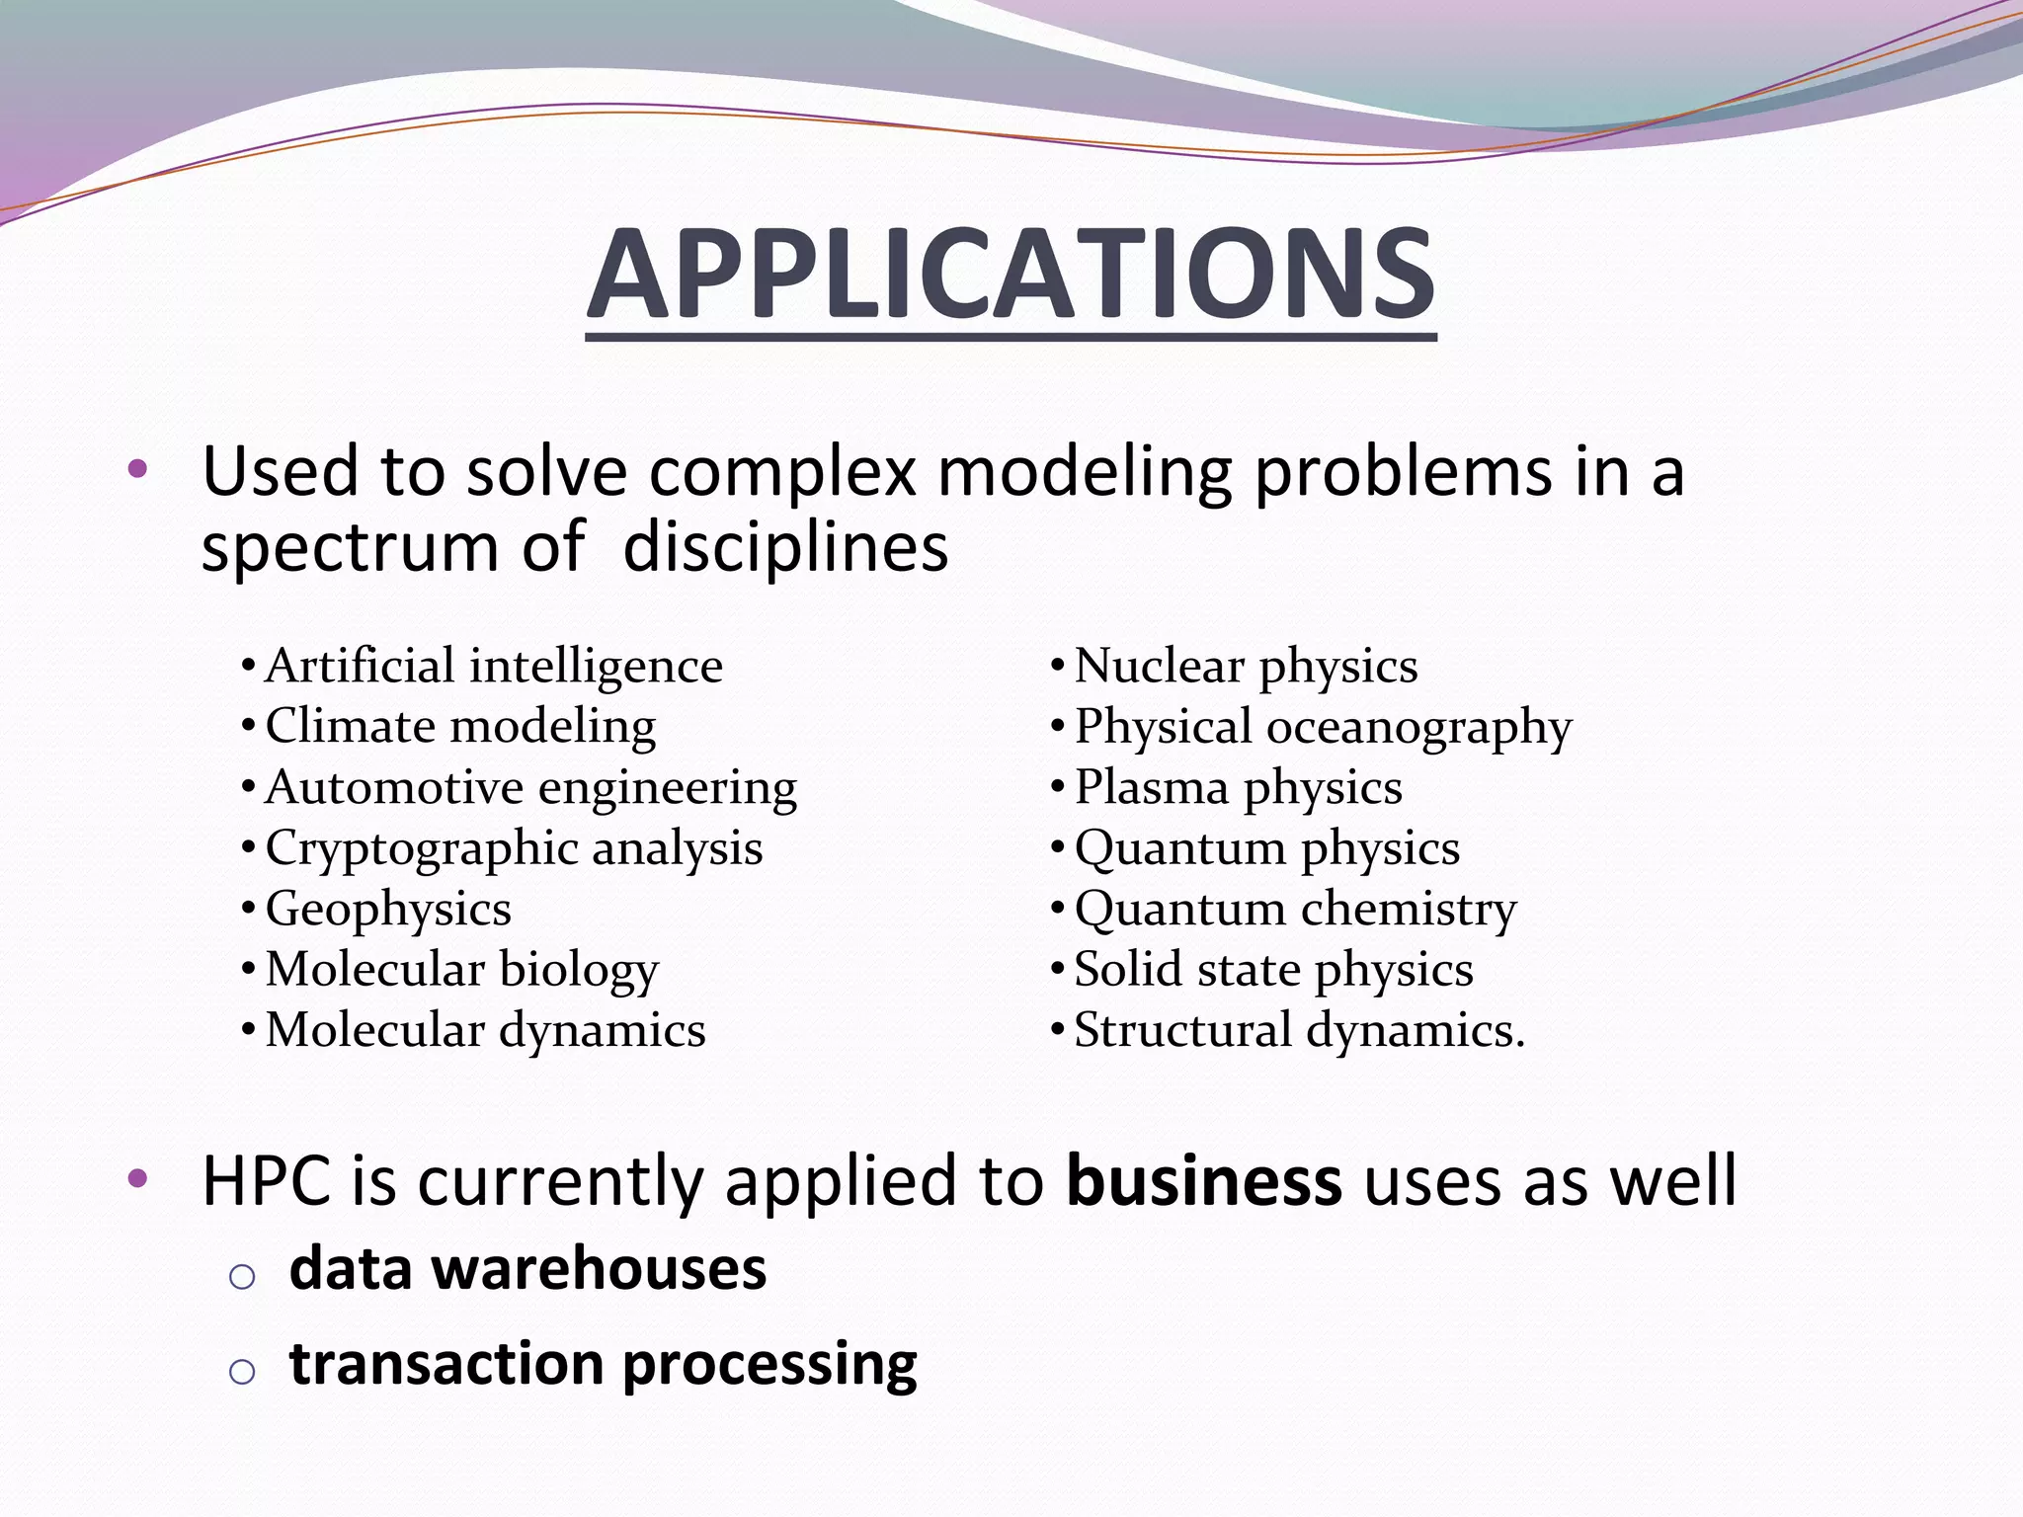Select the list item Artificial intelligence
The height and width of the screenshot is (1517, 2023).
pos(493,666)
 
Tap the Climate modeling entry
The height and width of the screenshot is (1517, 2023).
pos(460,727)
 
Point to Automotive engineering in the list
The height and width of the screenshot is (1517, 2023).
pos(530,788)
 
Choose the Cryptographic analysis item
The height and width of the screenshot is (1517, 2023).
pos(514,848)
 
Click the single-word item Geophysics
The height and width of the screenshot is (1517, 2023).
pos(388,910)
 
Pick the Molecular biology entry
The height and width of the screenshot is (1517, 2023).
pos(461,970)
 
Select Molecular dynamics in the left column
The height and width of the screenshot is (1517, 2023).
pos(485,1030)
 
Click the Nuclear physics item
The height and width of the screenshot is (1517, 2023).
pos(1246,666)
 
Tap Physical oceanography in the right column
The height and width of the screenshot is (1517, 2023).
pos(1323,727)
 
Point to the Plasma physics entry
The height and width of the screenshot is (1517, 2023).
pos(1238,788)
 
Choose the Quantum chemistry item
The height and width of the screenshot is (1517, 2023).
pos(1295,910)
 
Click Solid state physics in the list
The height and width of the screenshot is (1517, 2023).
pos(1273,970)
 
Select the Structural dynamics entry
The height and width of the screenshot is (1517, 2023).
pos(1299,1030)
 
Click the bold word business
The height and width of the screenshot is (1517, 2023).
pos(1204,1180)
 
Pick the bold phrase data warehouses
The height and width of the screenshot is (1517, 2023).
pos(527,1269)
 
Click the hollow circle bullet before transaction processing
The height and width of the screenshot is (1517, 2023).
pos(242,1371)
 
